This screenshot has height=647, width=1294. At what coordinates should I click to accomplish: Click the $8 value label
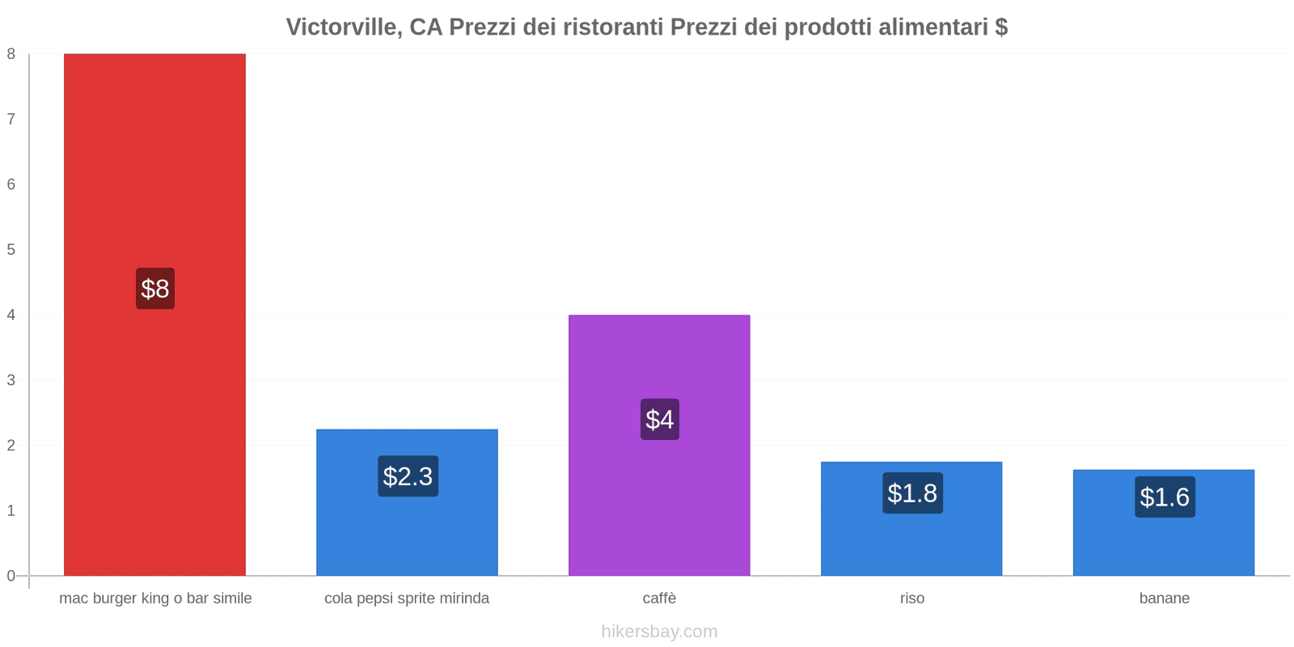pyautogui.click(x=155, y=289)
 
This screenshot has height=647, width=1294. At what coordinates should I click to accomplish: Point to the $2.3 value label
pyautogui.click(x=408, y=476)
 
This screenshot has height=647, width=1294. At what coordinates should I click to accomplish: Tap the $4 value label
pyautogui.click(x=660, y=420)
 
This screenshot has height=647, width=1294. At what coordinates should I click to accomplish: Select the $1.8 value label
pyautogui.click(x=912, y=493)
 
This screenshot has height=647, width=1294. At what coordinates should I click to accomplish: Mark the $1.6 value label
pyautogui.click(x=1165, y=497)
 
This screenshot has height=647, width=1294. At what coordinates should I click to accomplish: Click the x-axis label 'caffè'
pyautogui.click(x=659, y=598)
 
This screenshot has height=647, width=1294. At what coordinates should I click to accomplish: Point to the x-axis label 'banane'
pyautogui.click(x=1164, y=598)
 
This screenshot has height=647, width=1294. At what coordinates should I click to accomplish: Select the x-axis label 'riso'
pyautogui.click(x=911, y=598)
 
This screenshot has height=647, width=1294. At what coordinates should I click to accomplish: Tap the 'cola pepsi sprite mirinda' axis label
pyautogui.click(x=407, y=598)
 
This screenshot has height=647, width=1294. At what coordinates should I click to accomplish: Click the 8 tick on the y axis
pyautogui.click(x=11, y=54)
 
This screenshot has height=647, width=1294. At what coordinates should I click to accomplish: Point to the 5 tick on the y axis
pyautogui.click(x=11, y=250)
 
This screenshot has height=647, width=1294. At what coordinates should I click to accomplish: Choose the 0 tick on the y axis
pyautogui.click(x=11, y=576)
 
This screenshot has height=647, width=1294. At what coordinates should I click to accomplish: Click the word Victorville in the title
pyautogui.click(x=343, y=27)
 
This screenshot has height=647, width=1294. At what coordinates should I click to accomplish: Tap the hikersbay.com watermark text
pyautogui.click(x=659, y=632)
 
